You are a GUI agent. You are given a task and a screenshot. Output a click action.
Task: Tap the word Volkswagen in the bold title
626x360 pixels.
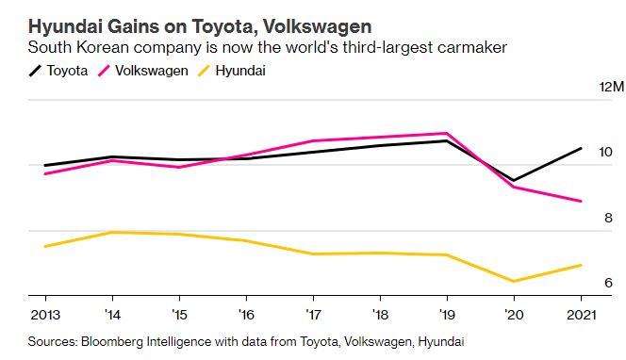(x=317, y=26)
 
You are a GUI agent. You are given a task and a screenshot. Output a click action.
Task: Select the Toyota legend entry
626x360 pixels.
(x=58, y=71)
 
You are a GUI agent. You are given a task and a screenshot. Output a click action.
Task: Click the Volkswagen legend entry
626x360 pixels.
(x=143, y=71)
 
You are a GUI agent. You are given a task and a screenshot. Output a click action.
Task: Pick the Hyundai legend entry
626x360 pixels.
(x=232, y=71)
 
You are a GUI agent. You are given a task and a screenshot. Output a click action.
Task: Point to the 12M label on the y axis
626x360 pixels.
(x=611, y=87)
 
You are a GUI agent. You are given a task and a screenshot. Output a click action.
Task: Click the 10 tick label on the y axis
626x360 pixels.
(x=605, y=152)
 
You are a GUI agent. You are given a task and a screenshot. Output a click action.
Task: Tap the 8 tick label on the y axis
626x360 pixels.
(x=608, y=218)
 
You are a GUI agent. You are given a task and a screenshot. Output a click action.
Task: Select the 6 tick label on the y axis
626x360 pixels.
(x=608, y=283)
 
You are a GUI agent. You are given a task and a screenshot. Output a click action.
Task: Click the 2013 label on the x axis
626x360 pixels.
(x=45, y=315)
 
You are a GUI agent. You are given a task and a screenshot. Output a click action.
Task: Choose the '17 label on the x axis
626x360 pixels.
(x=313, y=315)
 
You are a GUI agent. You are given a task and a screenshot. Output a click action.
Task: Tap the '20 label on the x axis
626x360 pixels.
(x=514, y=315)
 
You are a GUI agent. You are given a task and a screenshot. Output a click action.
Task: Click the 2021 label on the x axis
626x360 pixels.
(x=582, y=315)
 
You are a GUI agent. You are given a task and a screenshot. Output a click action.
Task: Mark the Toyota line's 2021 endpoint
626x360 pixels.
(x=581, y=149)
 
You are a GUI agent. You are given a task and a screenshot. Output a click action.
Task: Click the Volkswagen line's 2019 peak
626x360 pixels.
(x=447, y=133)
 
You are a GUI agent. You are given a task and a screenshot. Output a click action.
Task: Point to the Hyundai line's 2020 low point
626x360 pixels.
(x=514, y=281)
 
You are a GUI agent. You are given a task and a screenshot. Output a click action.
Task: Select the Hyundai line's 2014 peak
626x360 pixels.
(x=112, y=232)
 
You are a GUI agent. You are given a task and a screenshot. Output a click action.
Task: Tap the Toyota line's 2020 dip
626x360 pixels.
(x=514, y=180)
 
